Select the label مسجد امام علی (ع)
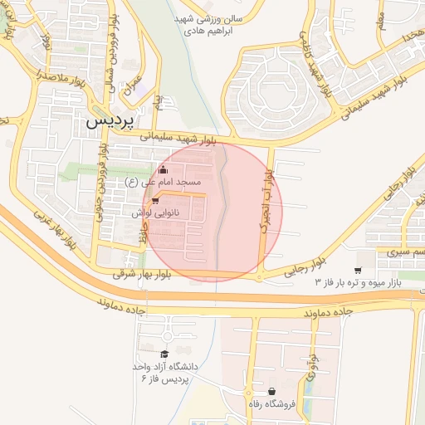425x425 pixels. pyautogui.click(x=163, y=181)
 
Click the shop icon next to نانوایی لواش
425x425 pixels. pyautogui.click(x=155, y=200)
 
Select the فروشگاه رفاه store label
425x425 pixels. pyautogui.click(x=271, y=403)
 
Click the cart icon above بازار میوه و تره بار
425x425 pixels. pyautogui.click(x=358, y=271)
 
